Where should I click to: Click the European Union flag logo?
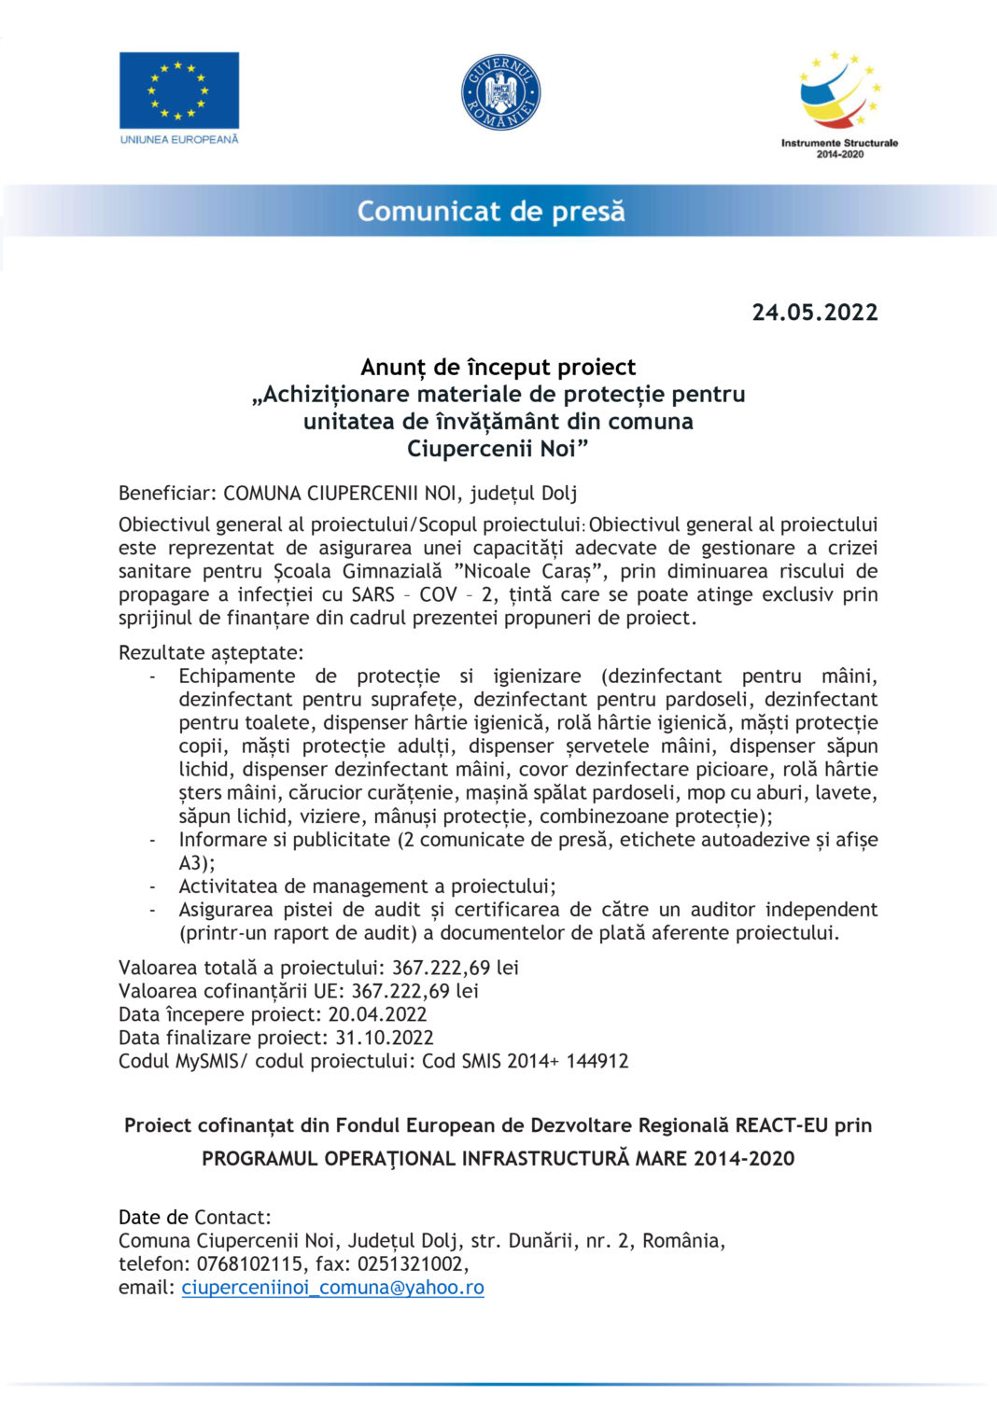coord(178,91)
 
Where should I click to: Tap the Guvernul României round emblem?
coord(500,92)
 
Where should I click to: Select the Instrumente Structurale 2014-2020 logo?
coord(839,104)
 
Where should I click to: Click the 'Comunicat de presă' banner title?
coord(491,212)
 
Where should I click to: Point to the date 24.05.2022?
coord(815,313)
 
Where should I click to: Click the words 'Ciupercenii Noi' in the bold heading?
coord(498,449)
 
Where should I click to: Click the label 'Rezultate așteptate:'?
coord(211,653)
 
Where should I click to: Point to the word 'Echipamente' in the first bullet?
coord(237,677)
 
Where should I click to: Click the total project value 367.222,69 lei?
coord(455,968)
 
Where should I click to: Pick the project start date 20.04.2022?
coord(377,1014)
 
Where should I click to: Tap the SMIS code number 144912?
coord(597,1061)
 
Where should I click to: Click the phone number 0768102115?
coord(250,1264)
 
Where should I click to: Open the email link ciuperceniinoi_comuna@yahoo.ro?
coord(332,1288)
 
